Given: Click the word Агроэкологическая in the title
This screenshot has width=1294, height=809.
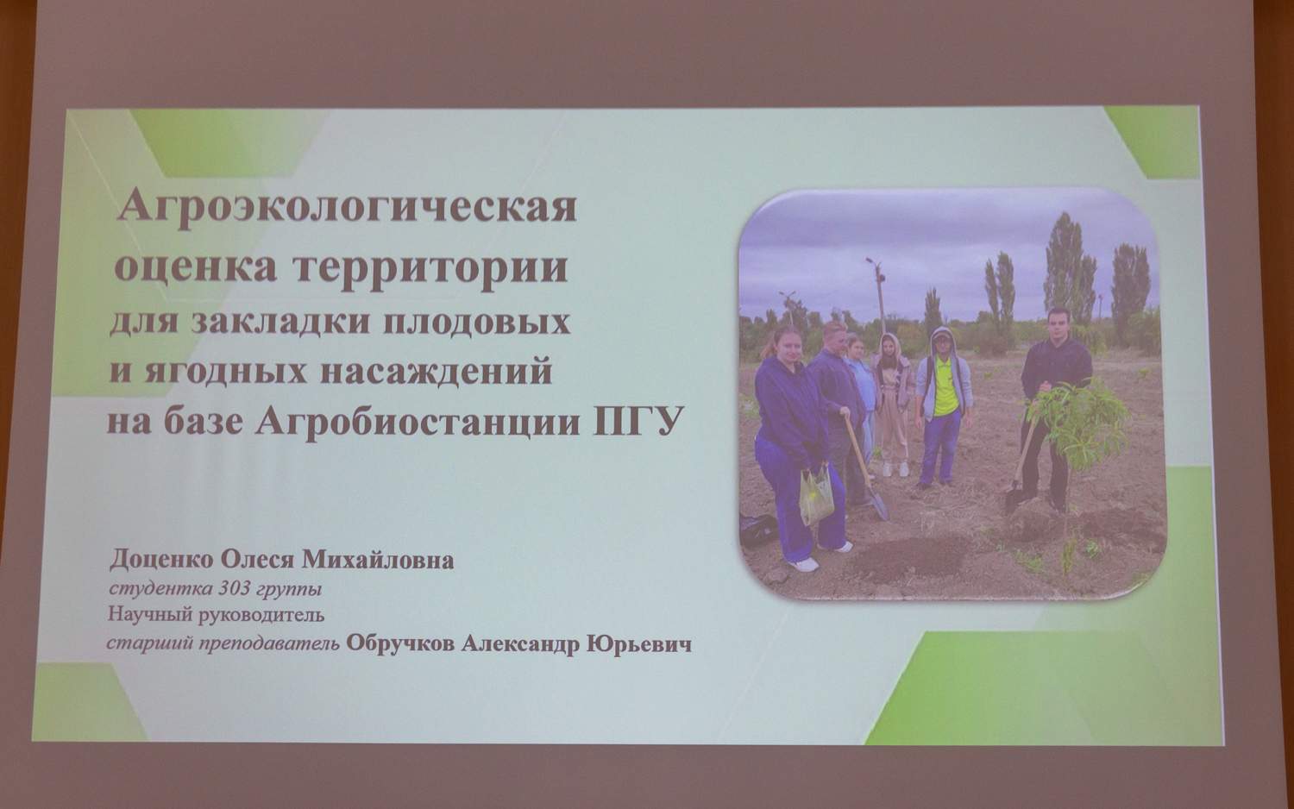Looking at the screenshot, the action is pyautogui.click(x=347, y=209).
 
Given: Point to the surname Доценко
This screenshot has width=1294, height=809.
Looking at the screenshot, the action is pyautogui.click(x=162, y=560).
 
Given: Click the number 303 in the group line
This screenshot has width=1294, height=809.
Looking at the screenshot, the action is pyautogui.click(x=235, y=590).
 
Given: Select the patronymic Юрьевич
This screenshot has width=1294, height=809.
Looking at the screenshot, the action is pyautogui.click(x=639, y=644).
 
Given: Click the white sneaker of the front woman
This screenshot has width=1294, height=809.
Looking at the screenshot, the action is pyautogui.click(x=804, y=564).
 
